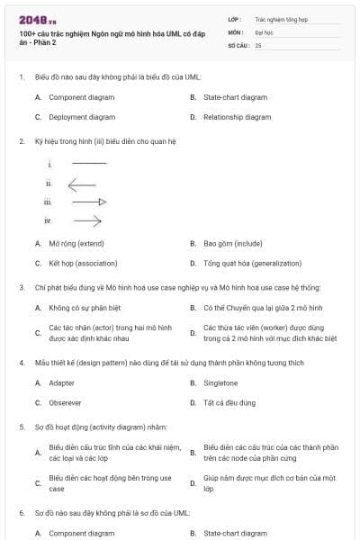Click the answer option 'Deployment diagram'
[82, 117]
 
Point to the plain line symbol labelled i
[88, 163]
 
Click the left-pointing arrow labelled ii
[82, 183]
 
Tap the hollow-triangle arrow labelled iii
[89, 202]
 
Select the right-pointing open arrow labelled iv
[87, 220]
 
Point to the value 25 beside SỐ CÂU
[258, 44]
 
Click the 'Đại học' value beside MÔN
[263, 31]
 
